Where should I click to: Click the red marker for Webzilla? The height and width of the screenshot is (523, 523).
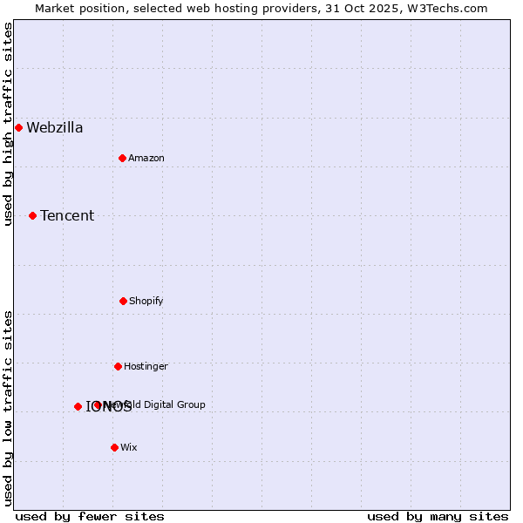tap(18, 127)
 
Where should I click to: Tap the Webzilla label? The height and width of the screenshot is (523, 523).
tap(55, 128)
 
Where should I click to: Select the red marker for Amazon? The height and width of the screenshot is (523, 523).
tap(122, 158)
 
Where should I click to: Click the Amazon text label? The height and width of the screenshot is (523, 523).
tap(146, 159)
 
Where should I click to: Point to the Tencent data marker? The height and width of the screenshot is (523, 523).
tap(32, 215)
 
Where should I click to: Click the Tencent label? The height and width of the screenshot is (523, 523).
tap(67, 216)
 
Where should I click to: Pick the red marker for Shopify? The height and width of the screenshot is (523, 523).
tap(123, 301)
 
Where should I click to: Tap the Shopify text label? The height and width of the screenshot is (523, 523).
tap(146, 302)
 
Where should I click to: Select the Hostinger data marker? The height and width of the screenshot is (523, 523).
tap(118, 366)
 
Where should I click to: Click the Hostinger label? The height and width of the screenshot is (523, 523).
tap(146, 367)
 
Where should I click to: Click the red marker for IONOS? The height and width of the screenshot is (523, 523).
tap(78, 406)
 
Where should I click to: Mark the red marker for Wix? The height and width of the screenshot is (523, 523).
tap(114, 447)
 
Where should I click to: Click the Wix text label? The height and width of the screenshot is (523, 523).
tap(129, 448)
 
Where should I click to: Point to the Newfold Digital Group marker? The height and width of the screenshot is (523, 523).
tap(97, 404)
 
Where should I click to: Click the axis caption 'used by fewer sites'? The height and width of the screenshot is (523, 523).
tap(90, 516)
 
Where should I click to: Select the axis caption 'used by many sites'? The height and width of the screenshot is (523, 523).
tap(438, 516)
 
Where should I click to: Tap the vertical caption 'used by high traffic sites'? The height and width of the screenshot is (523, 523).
tap(9, 124)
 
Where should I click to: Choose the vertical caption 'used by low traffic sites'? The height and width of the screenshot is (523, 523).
tap(9, 408)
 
